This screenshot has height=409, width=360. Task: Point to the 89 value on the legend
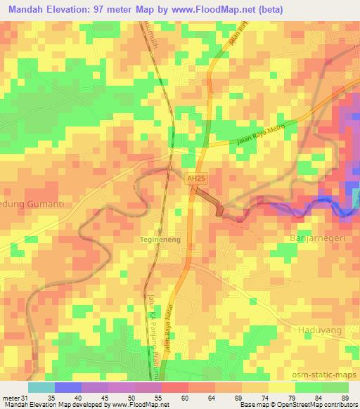(x=345, y=397)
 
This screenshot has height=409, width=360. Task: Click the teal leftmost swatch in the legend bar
(x=41, y=387)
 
